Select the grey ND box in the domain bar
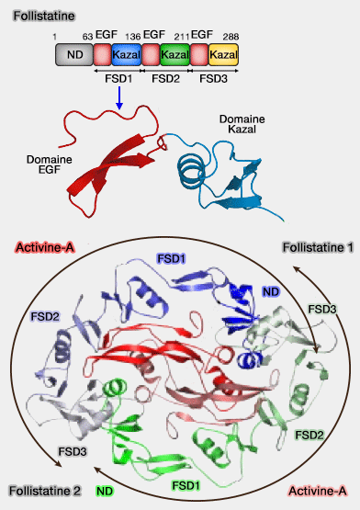coord(73,56)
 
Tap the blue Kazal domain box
coord(126,56)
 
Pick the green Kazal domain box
coord(174,56)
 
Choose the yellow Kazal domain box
coord(223,56)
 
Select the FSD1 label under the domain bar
coord(118,79)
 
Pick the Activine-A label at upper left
coord(45,248)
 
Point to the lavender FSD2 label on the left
coord(45,315)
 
